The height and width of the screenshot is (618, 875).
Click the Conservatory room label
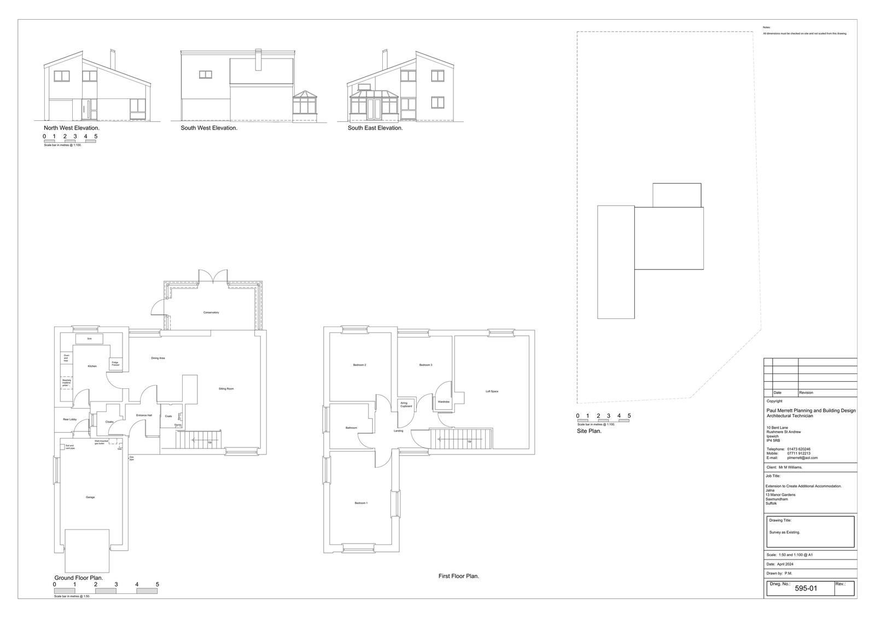[211, 312]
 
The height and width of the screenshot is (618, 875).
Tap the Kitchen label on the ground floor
[92, 366]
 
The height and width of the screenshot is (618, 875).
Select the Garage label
[90, 497]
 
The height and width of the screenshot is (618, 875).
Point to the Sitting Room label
[226, 389]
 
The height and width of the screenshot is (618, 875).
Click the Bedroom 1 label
[361, 503]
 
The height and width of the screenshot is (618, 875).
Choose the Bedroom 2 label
[359, 365]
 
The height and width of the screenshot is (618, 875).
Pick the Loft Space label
[492, 392]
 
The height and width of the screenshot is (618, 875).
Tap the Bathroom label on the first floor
[351, 428]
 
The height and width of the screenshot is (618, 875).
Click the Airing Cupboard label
[406, 405]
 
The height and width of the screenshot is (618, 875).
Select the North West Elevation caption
[72, 128]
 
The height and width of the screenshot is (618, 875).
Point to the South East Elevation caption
[375, 128]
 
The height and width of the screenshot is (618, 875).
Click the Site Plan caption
[589, 431]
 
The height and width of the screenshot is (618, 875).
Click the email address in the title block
[802, 458]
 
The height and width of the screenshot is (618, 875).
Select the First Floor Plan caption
[459, 576]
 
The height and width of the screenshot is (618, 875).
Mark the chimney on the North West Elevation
[113, 59]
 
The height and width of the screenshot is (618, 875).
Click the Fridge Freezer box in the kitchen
[115, 363]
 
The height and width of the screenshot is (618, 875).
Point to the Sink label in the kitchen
[89, 339]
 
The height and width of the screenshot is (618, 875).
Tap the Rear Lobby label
[69, 419]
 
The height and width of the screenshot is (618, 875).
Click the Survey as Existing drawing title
[784, 532]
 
